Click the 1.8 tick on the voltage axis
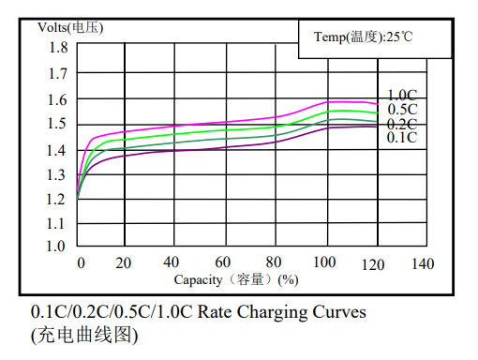pyautogui.click(x=58, y=48)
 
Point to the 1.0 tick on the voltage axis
pyautogui.click(x=56, y=247)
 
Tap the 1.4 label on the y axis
pyautogui.click(x=56, y=151)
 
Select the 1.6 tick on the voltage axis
pyautogui.click(x=57, y=100)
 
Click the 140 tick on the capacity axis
pyautogui.click(x=423, y=264)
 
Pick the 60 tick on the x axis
pyautogui.click(x=223, y=262)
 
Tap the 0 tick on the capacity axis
pyautogui.click(x=81, y=263)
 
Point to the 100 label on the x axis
pyautogui.click(x=324, y=262)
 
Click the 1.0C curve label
pyautogui.click(x=402, y=95)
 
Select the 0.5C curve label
pyautogui.click(x=402, y=110)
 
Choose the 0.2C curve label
pyautogui.click(x=402, y=124)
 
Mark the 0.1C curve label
pyautogui.click(x=402, y=138)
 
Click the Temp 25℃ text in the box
pyautogui.click(x=364, y=37)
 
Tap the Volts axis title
pyautogui.click(x=70, y=27)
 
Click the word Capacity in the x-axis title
pyautogui.click(x=198, y=280)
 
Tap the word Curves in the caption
pyautogui.click(x=339, y=312)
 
